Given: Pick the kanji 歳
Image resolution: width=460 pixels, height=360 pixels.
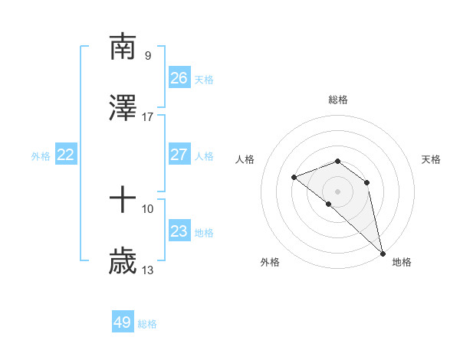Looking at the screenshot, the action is click(x=123, y=262).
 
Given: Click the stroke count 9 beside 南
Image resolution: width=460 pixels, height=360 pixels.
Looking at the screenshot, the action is click(x=147, y=55).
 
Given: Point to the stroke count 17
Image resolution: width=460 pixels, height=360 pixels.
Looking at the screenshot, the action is click(x=147, y=117).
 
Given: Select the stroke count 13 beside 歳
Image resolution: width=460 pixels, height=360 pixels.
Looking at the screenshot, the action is click(x=147, y=270).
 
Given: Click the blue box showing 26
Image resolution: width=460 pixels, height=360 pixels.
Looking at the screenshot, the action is click(x=179, y=78).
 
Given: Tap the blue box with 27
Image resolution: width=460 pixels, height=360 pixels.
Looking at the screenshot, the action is click(x=179, y=155).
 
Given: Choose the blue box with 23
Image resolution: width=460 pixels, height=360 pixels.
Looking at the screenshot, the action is click(x=179, y=231).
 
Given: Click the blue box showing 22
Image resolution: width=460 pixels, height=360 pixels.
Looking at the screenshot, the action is click(x=66, y=155).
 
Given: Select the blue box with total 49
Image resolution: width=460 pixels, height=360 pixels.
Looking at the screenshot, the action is click(x=123, y=322).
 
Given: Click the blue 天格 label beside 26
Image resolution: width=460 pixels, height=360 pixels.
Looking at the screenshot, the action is click(x=204, y=80).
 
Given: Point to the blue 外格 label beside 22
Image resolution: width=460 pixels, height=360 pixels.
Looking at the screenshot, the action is click(x=41, y=156).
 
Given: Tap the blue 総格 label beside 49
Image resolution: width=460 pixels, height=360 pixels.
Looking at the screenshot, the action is click(x=148, y=324).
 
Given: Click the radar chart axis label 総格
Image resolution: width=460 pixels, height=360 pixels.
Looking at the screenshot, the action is click(x=338, y=100).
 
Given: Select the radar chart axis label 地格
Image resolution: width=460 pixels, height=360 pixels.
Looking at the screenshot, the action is click(x=402, y=262).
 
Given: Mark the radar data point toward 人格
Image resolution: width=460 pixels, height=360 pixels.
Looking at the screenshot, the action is click(x=294, y=178).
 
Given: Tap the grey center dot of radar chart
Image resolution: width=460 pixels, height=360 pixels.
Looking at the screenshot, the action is click(x=338, y=191).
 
